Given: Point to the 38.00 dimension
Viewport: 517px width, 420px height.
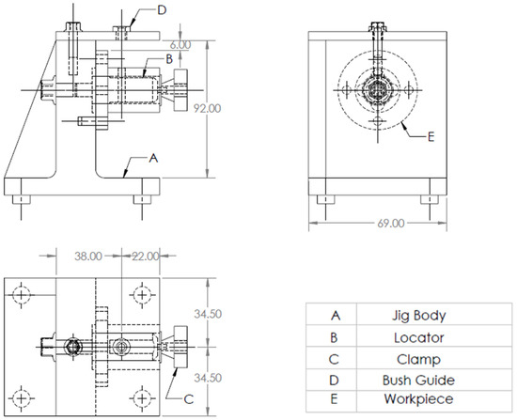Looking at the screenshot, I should (x=75, y=256).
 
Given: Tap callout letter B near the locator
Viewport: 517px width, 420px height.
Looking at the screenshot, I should (x=167, y=58).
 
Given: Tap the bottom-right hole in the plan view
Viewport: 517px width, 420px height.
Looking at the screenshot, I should (x=142, y=396).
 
